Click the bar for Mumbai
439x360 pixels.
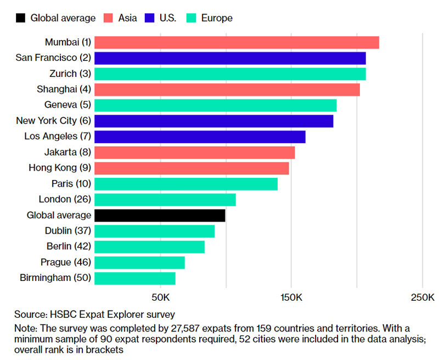(237, 42)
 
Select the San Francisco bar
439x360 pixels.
(230, 58)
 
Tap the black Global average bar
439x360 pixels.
(160, 215)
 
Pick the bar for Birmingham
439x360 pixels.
(135, 278)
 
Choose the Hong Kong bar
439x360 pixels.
(192, 168)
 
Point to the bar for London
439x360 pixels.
(165, 199)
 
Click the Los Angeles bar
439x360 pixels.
(200, 137)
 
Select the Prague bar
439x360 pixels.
(139, 262)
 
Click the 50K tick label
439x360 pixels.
(160, 297)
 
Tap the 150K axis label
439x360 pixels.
(291, 297)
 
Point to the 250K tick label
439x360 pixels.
(422, 297)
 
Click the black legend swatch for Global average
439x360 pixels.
(21, 18)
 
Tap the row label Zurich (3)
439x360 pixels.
(67, 74)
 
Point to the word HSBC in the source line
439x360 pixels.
(61, 314)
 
